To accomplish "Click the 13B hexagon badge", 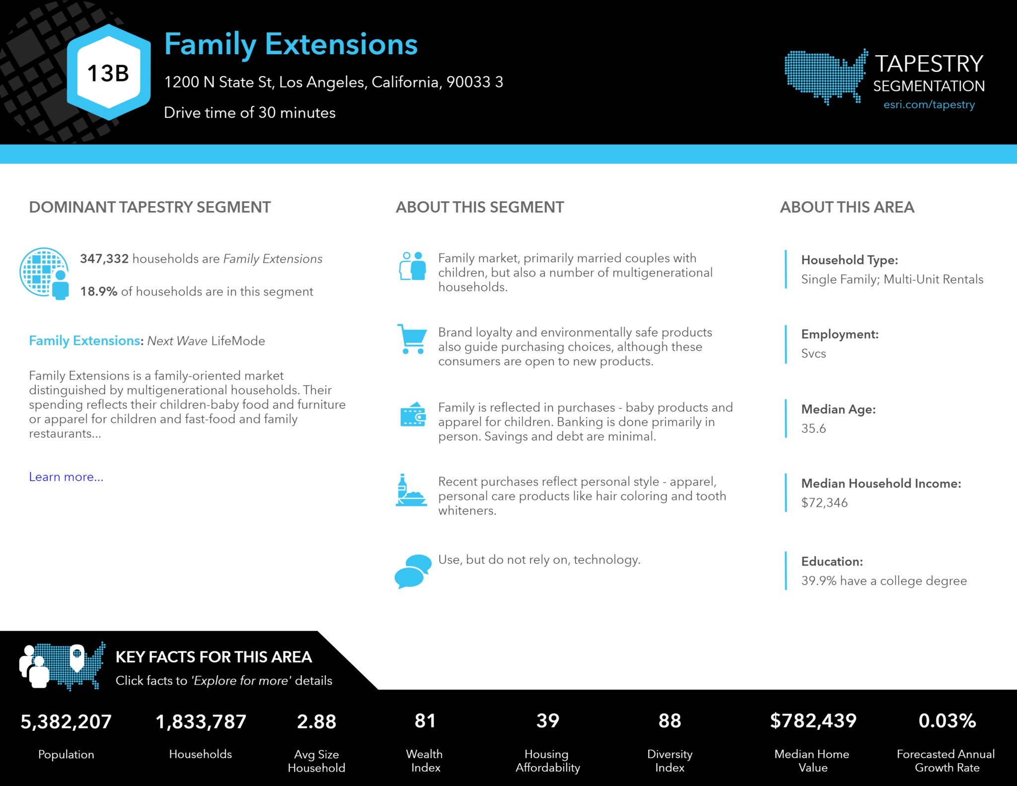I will (108, 72).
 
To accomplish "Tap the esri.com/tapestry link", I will (929, 105).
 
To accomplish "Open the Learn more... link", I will (66, 477).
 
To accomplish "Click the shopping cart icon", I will (412, 339).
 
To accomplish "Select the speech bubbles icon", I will (413, 571).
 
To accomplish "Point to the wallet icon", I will (413, 415).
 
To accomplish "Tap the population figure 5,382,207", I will (66, 721).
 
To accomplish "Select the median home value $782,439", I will (813, 720).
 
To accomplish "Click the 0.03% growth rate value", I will (947, 720).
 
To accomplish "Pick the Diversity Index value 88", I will (669, 720).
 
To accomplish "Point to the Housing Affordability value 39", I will (548, 720).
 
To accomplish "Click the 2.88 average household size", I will (316, 721).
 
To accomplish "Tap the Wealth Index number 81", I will (425, 720).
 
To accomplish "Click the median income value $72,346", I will (824, 502).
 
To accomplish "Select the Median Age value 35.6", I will (813, 429).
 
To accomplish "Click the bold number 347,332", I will (104, 259).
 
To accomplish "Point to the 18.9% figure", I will (99, 291).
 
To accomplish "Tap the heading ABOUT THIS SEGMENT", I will (480, 207).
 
